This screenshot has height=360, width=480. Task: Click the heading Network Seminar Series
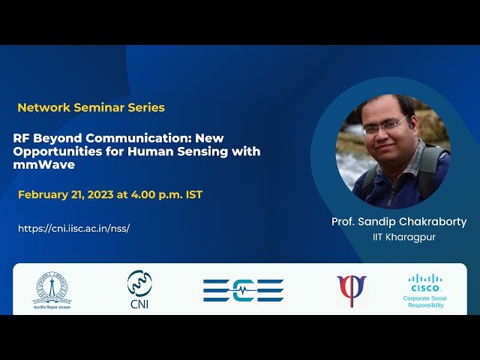coord(91,107)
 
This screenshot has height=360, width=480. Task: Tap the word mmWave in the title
coord(44,165)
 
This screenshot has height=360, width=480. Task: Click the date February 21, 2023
coord(65,195)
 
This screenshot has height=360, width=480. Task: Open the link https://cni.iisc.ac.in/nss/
coord(73,228)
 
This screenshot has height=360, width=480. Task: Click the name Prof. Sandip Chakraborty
coord(399,222)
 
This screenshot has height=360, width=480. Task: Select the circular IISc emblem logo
coord(52,288)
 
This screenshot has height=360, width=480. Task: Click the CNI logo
coord(139,289)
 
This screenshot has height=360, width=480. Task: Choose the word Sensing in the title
coord(226,151)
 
